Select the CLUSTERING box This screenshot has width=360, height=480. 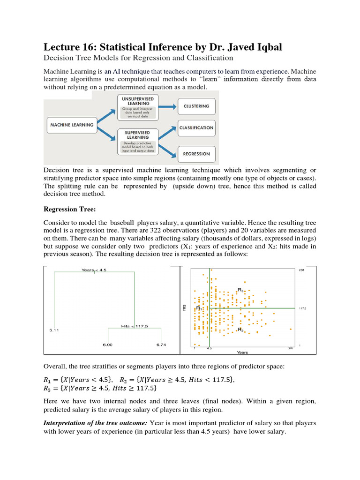[196, 106]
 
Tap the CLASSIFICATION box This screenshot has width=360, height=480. [196, 127]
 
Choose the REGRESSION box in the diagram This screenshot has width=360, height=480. [196, 154]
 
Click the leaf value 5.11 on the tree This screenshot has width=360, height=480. [54, 330]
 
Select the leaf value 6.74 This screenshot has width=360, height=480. [160, 345]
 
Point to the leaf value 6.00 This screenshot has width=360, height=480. [108, 345]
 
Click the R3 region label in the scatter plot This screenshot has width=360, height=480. [240, 290]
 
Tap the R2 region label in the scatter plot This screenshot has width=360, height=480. [240, 330]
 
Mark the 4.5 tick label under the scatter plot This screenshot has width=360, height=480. [209, 349]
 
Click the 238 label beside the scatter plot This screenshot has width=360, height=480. [301, 270]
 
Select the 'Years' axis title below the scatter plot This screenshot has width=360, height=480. [242, 352]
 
